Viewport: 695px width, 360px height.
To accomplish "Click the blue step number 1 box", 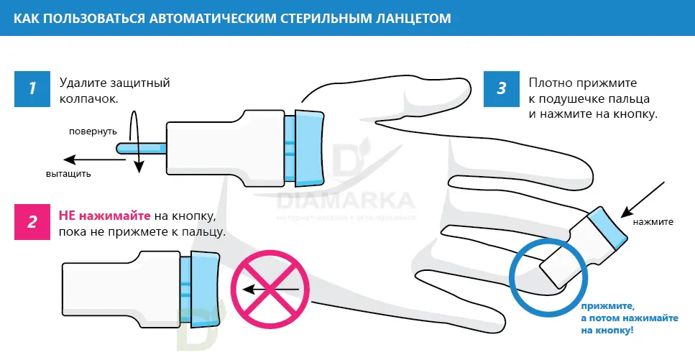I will [32, 88].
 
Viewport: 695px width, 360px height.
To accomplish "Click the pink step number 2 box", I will [32, 222].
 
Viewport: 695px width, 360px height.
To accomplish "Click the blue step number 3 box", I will [502, 88].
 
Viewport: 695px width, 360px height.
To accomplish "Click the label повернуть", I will [93, 131].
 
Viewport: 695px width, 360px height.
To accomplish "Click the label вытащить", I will [68, 174].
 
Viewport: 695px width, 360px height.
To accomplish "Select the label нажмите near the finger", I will [653, 221].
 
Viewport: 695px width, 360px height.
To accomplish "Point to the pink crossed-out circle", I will [269, 290].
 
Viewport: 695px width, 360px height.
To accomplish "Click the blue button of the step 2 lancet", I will [204, 287].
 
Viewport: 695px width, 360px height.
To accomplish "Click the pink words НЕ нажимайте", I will [104, 216].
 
